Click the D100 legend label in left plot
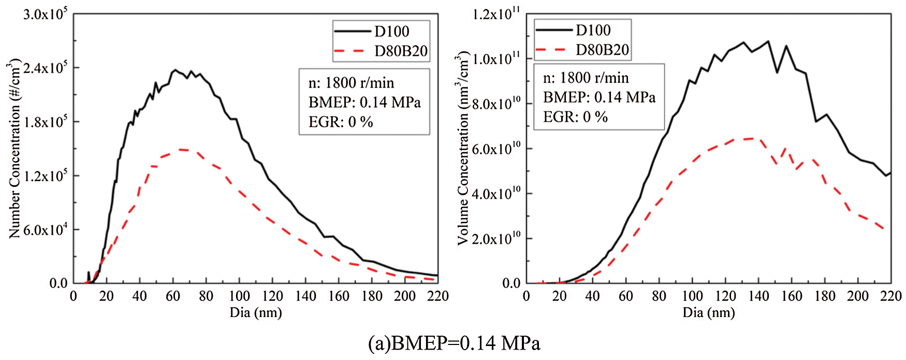pos(392,32)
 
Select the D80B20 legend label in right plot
pos(603,50)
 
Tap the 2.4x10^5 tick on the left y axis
pos(46,68)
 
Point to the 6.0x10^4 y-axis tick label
pos(46,230)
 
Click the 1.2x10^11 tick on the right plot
pos(496,14)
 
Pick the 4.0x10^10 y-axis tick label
pos(496,194)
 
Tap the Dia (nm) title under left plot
pos(256,313)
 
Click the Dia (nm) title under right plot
pos(709,313)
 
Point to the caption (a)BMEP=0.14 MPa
pos(454,343)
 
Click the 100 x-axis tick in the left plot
pos(239,296)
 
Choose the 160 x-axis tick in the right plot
pos(792,296)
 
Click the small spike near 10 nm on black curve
pos(89,272)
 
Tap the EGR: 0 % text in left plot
pos(341,122)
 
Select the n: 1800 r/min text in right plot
pos(586,78)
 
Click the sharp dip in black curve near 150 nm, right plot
pos(777,72)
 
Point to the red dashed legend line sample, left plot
pos(351,51)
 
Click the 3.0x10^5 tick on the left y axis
pos(46,15)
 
